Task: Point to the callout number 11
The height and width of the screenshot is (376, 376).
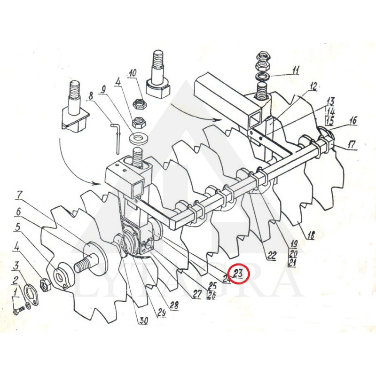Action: coord(295,71)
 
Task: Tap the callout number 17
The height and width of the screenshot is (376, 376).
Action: coord(351,146)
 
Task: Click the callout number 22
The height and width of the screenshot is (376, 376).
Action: coord(272,256)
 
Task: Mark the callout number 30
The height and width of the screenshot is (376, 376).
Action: coord(143,321)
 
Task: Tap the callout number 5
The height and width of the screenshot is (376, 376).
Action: coord(17,227)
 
